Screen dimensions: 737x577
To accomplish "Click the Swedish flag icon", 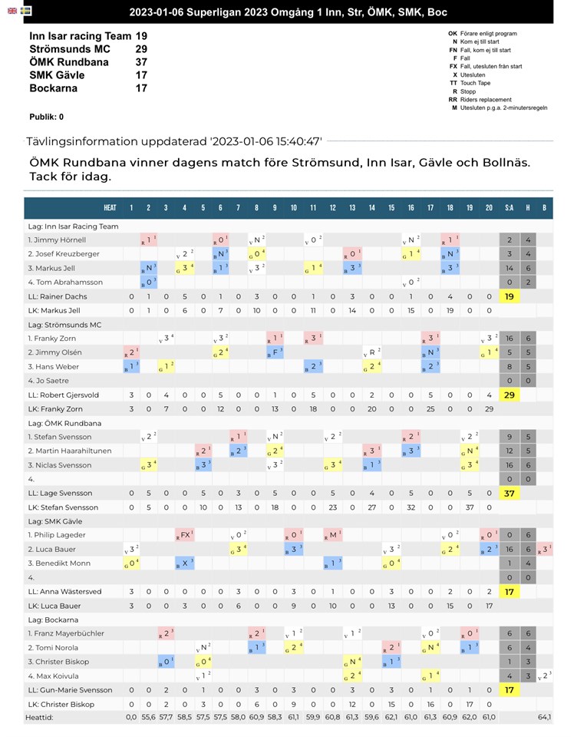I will (26, 12).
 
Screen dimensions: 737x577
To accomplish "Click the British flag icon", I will (12, 12).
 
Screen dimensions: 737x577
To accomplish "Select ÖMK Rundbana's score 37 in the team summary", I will (141, 62).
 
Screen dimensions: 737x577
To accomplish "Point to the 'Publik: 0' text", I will (46, 117).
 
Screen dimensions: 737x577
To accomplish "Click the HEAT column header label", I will (110, 208).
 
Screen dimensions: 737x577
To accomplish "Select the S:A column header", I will (509, 208).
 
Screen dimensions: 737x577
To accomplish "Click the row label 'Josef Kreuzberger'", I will (65, 254).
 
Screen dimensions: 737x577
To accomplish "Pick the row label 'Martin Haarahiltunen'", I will (70, 451).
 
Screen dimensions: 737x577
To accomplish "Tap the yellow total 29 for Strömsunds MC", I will (509, 395).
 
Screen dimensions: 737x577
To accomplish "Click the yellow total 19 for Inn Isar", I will (509, 296).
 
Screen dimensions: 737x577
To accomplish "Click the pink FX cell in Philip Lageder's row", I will (184, 535).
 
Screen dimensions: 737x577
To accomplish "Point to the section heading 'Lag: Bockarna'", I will (55, 620).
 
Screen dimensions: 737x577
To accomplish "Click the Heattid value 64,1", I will (544, 717).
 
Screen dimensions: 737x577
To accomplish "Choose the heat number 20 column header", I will (489, 208).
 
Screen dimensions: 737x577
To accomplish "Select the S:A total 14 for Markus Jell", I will (509, 268).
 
